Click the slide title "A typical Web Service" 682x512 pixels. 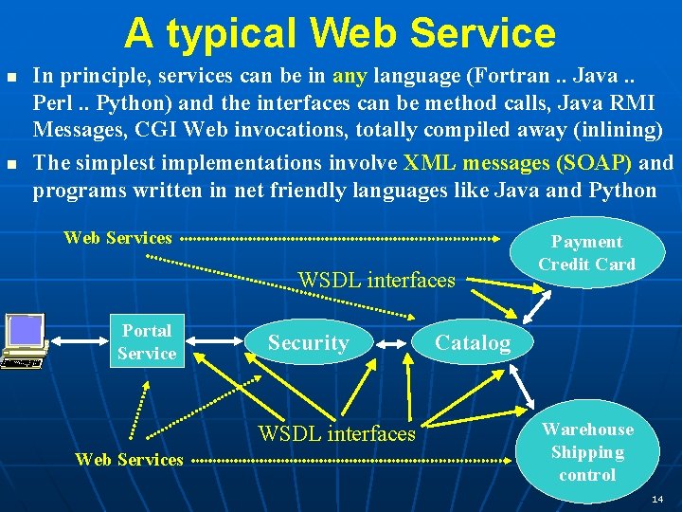339,33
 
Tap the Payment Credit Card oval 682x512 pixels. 586,253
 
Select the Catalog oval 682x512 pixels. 472,343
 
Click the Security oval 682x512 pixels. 308,343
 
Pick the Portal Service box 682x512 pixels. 146,342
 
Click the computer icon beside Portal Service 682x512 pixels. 24,339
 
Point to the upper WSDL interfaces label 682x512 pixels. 376,280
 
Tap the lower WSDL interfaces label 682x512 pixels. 337,434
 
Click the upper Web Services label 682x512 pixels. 117,238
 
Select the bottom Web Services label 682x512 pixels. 129,460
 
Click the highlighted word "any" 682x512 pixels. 350,74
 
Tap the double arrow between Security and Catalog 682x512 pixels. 389,344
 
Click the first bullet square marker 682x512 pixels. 11,75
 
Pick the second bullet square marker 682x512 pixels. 11,163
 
